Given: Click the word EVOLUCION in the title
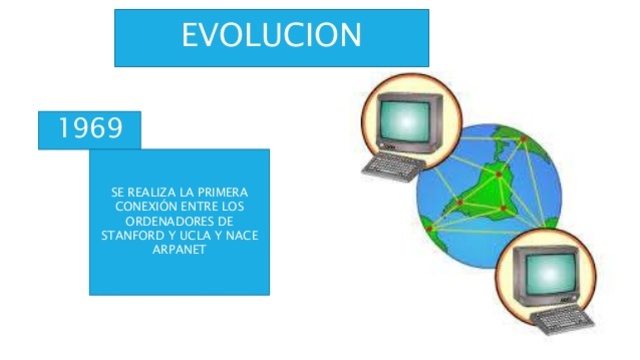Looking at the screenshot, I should click(271, 36).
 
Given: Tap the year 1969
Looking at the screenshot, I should click(90, 129).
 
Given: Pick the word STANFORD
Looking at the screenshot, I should click(132, 235).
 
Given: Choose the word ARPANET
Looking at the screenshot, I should click(180, 249).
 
